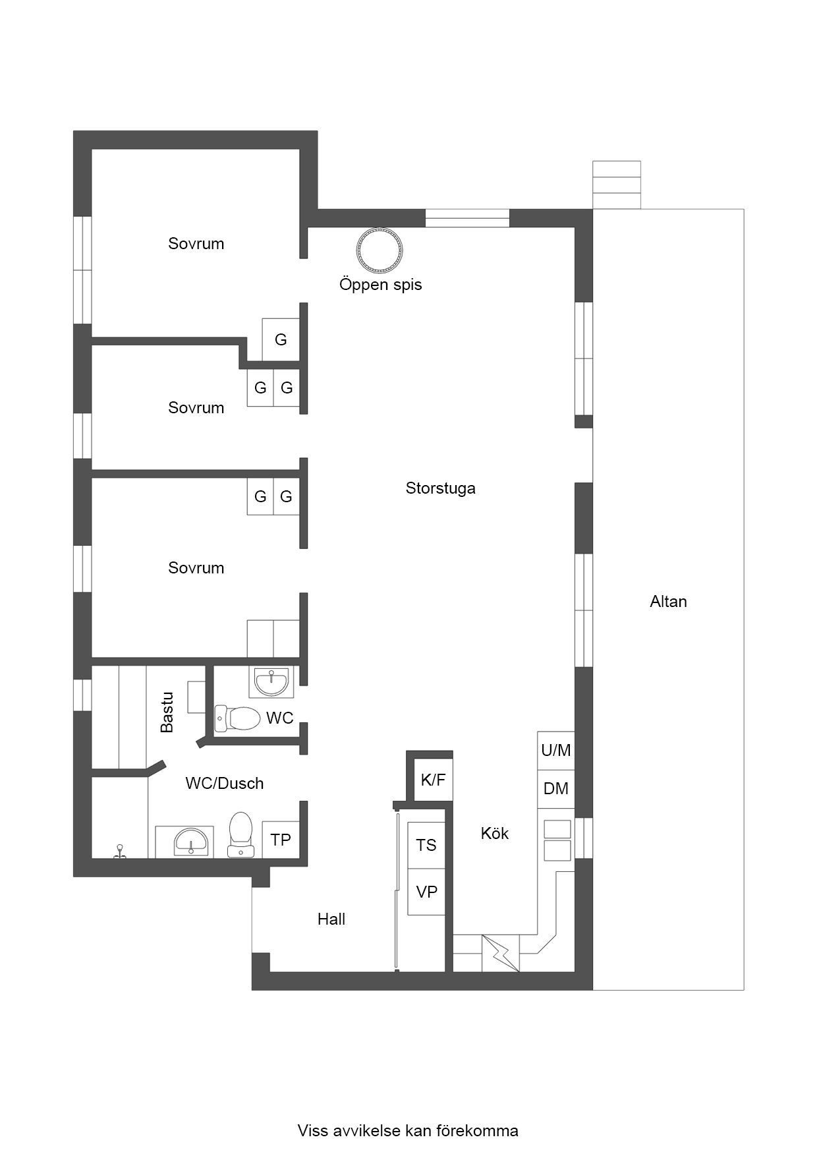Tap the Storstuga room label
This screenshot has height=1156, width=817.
(x=440, y=488)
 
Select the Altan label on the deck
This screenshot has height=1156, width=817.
(x=668, y=601)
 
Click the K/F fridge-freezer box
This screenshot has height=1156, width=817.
(x=433, y=780)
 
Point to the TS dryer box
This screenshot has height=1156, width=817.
(x=426, y=845)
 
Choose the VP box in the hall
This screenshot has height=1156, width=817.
(x=426, y=892)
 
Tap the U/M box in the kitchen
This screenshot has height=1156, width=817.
(x=556, y=750)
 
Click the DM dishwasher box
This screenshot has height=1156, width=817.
(x=556, y=789)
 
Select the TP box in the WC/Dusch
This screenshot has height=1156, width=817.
(x=281, y=840)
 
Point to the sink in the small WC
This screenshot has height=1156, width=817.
(x=271, y=682)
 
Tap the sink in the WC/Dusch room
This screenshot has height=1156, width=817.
(x=190, y=842)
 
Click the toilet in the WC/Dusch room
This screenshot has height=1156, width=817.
(x=240, y=834)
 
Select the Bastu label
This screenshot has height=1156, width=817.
(x=167, y=712)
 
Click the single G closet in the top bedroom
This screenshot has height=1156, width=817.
(x=281, y=339)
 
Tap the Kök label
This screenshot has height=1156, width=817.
(x=494, y=834)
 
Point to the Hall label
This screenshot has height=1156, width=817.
(x=331, y=919)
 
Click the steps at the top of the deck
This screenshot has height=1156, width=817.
(x=617, y=185)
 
